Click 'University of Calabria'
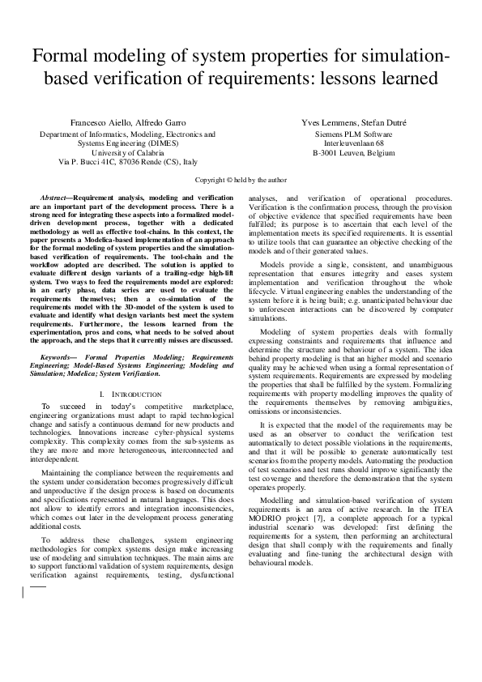click(128, 152)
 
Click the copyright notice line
click(241, 180)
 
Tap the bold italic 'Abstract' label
click(56, 198)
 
